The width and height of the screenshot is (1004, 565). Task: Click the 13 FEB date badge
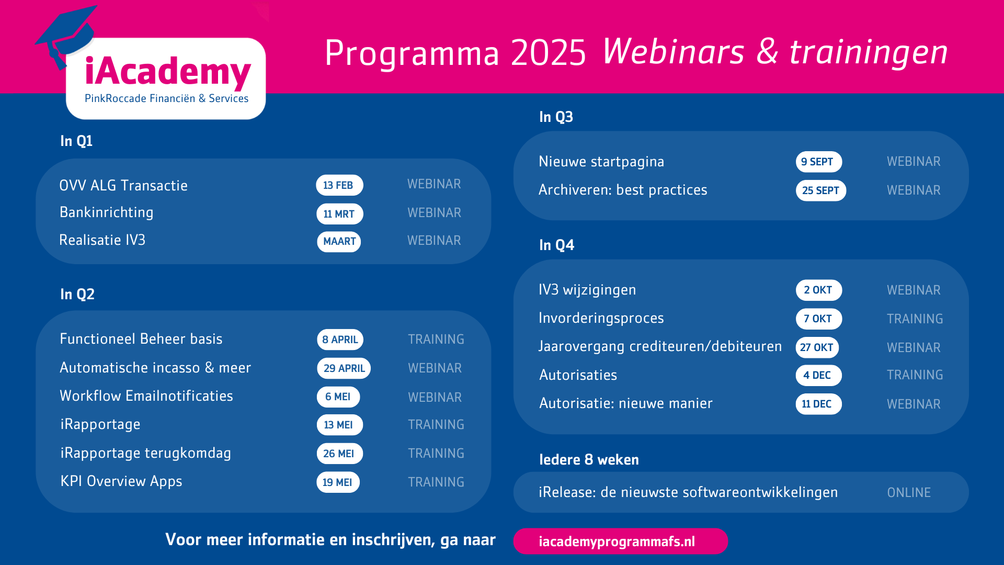tap(339, 185)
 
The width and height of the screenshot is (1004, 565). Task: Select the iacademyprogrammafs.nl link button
tap(620, 541)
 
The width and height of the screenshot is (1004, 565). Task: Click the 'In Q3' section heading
tap(556, 117)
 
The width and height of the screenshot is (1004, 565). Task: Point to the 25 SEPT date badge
tap(820, 190)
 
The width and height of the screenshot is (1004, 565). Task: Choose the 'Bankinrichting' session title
tap(107, 212)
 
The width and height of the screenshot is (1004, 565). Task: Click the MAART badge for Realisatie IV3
tap(339, 242)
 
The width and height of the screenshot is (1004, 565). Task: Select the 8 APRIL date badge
tap(340, 340)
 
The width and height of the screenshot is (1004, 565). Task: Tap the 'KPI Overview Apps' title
tap(121, 481)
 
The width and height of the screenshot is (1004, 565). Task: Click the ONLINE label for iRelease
tap(909, 493)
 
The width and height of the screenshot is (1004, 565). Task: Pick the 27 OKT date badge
tap(817, 347)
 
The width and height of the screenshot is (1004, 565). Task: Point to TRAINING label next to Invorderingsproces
tap(915, 319)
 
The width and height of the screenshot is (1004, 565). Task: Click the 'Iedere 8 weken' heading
tap(589, 460)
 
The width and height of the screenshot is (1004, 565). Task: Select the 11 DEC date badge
tap(818, 404)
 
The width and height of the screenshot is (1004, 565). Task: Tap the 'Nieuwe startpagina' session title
tap(601, 162)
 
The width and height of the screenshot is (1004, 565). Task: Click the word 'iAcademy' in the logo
tap(168, 72)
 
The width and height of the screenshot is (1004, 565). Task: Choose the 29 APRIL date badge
tap(344, 368)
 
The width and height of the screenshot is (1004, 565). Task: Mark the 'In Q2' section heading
tap(77, 294)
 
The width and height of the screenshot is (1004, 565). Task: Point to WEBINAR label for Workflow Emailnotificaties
tap(435, 398)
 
